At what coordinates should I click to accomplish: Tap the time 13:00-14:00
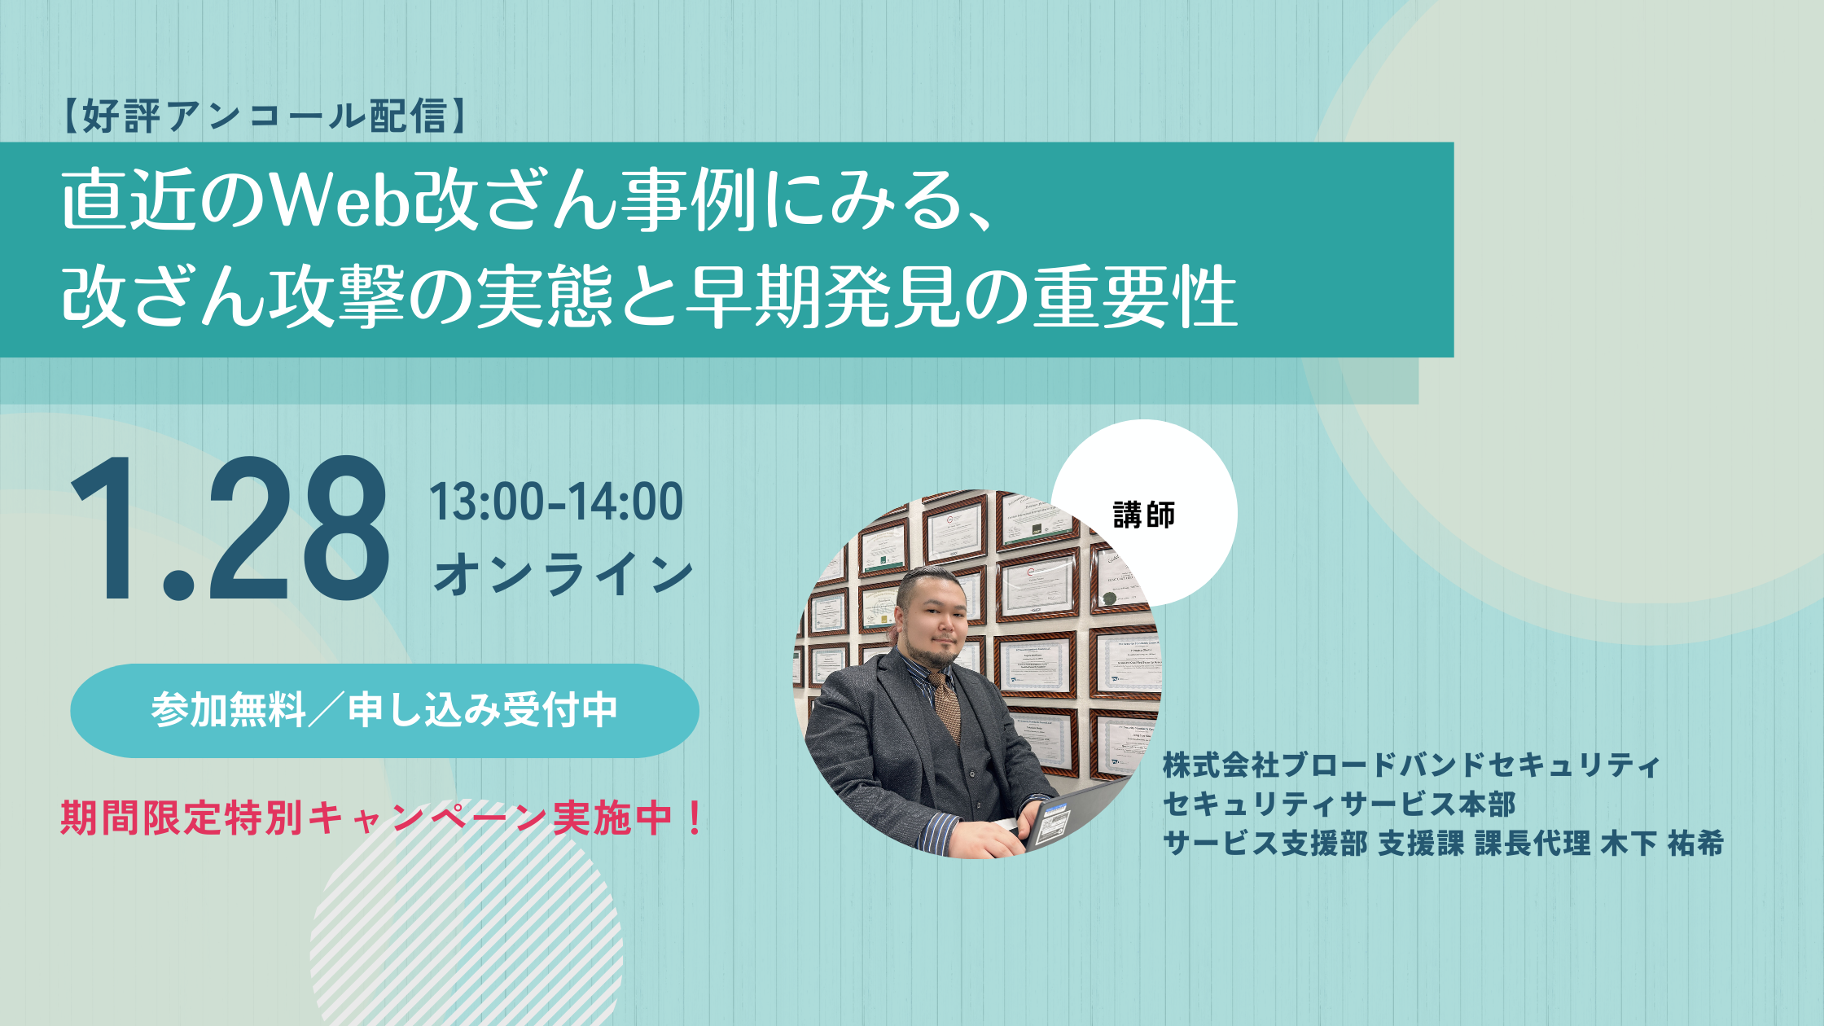point(556,502)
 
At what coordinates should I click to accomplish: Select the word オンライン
point(563,574)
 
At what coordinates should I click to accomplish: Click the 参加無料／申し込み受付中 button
point(384,711)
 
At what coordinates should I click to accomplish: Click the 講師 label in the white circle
point(1144,515)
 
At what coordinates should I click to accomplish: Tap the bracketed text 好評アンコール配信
point(264,116)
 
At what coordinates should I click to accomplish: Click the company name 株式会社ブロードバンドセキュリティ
point(1411,765)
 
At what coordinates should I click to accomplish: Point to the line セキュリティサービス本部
point(1339,805)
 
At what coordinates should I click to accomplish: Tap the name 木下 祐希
point(1662,844)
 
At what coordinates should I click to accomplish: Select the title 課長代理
point(1532,844)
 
